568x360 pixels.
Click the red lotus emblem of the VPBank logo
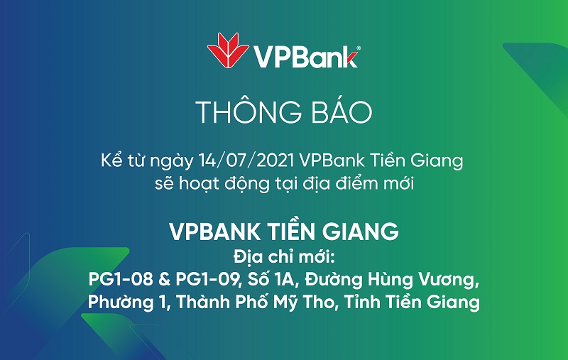click(228, 50)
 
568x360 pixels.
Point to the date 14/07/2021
click(246, 160)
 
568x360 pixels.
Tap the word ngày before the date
click(172, 161)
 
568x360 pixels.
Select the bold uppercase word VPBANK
click(214, 231)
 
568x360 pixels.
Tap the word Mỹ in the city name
click(284, 302)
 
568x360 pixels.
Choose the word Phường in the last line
click(121, 302)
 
